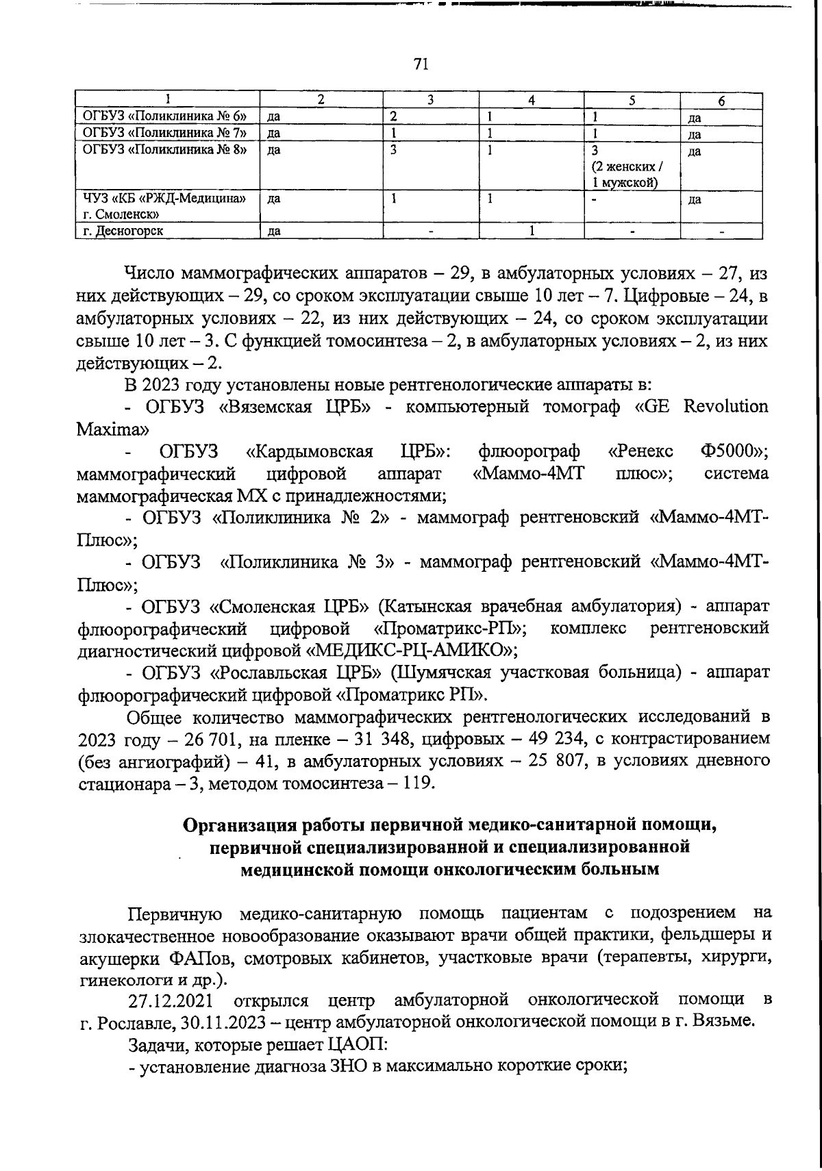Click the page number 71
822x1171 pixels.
click(421, 64)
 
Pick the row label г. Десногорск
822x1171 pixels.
click(123, 231)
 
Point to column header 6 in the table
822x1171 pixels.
click(721, 100)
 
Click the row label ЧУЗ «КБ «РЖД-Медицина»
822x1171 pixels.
click(164, 199)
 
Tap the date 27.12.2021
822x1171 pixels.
click(173, 1000)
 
